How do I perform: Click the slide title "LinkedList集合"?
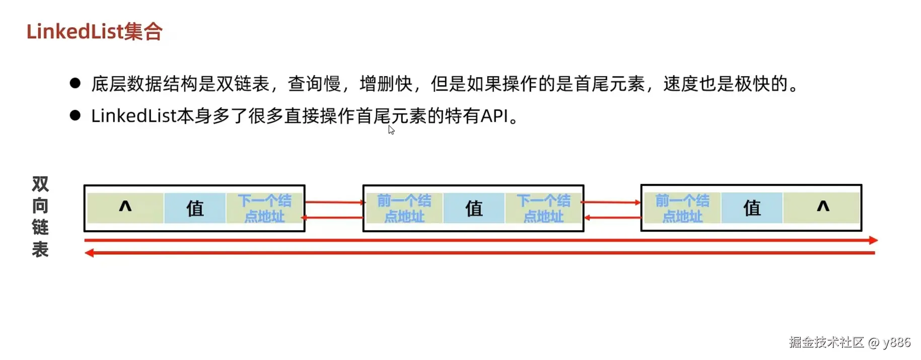pos(94,32)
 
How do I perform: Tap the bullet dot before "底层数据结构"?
pos(76,84)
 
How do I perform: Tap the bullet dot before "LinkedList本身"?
pos(76,116)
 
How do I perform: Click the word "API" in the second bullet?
pos(494,116)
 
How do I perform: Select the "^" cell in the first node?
pos(125,207)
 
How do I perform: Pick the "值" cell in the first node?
pos(195,208)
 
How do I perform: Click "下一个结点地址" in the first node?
pos(265,208)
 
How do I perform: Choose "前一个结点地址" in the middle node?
pos(404,208)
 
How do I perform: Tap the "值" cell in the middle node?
pos(474,208)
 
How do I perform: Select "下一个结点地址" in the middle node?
pos(543,208)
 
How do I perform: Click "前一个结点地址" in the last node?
pos(682,208)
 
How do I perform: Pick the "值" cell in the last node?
pos(752,208)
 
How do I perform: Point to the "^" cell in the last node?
pos(822,207)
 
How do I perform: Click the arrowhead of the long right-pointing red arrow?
pos(873,241)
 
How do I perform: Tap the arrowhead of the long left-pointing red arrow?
pos(90,253)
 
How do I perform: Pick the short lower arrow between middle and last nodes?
pos(612,218)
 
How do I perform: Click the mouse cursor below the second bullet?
pos(391,130)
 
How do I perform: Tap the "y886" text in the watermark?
pos(896,342)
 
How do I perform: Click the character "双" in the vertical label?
pos(40,184)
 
